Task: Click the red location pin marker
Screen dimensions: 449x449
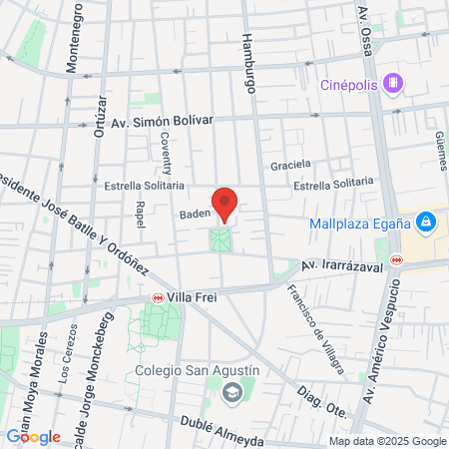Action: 225,203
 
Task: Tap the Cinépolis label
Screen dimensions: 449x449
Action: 348,85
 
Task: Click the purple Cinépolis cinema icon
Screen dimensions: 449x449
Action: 395,83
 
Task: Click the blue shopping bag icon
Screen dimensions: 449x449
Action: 425,220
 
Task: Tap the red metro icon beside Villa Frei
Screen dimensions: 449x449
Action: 158,296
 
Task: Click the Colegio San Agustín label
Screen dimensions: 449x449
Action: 197,370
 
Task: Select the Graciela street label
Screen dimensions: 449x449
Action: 290,164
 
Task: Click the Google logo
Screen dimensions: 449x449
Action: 33,436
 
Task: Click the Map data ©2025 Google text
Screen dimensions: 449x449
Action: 387,441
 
